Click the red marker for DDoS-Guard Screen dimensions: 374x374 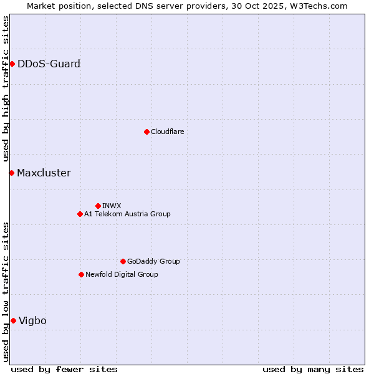[12, 64]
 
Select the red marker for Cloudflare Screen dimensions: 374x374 [146, 132]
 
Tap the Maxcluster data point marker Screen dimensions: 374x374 [11, 173]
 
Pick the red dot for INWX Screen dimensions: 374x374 [98, 206]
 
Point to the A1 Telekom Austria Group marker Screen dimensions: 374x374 [80, 214]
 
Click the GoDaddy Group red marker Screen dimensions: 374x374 [123, 261]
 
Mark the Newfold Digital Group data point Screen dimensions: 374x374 [81, 274]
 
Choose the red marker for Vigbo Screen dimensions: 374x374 [13, 320]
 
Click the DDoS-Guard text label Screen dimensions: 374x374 [49, 64]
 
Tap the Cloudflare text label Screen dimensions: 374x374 [167, 132]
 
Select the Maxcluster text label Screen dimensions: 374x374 [44, 173]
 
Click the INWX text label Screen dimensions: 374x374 [112, 206]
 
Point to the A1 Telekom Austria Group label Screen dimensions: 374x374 [127, 214]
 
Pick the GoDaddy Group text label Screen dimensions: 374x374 [153, 261]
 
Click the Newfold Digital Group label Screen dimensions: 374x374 [122, 274]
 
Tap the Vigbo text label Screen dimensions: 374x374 [32, 320]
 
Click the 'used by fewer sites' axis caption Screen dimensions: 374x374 [64, 369]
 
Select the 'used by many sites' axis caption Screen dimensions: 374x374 [313, 369]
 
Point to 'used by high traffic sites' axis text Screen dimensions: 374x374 [6, 89]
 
